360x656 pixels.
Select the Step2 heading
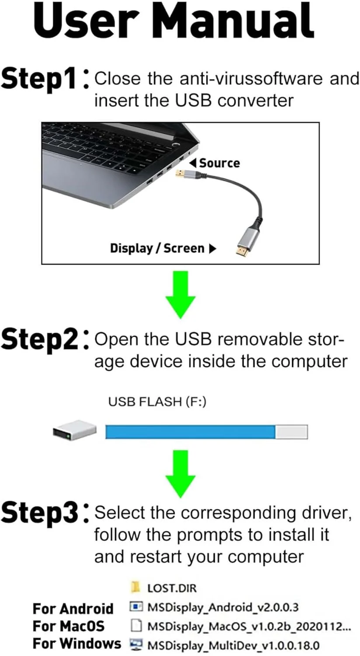pos(40,339)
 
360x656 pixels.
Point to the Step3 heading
pos(40,512)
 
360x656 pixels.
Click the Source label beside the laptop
pos(219,163)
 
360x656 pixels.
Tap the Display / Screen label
pos(157,248)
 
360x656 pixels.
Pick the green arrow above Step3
pos(180,473)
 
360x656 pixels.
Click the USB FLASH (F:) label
pos(157,401)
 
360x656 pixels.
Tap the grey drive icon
pos(74,430)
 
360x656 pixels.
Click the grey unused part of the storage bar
pos(291,432)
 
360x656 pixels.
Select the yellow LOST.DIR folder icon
pos(136,586)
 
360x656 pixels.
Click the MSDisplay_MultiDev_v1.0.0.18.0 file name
pos(233,646)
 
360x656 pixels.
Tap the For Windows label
pos(77,644)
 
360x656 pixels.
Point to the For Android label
pos(73,608)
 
